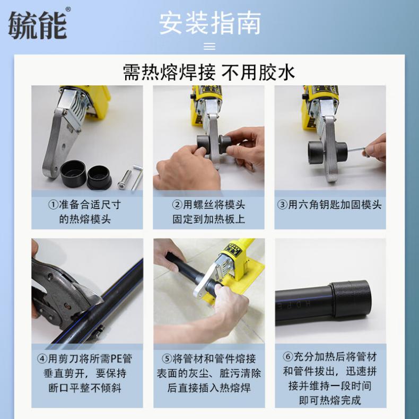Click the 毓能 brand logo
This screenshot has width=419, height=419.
tap(38, 25)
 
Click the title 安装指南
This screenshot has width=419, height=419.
tap(210, 23)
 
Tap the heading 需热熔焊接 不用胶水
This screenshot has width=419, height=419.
tap(209, 72)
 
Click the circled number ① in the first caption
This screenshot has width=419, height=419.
tap(53, 205)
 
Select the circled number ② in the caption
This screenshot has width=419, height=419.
tap(177, 205)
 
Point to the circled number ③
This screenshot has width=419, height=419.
tap(282, 205)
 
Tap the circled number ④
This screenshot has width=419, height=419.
tap(42, 359)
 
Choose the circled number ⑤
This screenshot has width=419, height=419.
tap(167, 359)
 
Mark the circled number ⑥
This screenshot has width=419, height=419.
tap(288, 357)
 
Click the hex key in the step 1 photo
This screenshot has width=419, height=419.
tap(137, 177)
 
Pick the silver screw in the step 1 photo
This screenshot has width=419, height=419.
tap(125, 180)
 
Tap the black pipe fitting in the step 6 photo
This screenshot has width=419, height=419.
tap(350, 299)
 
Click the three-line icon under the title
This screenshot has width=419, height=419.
tap(209, 46)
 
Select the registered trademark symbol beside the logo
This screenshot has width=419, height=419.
tap(68, 10)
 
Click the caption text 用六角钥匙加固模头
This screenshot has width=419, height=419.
tap(335, 205)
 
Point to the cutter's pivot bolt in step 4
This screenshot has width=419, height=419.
tap(68, 305)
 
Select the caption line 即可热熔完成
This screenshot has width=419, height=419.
tap(330, 400)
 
